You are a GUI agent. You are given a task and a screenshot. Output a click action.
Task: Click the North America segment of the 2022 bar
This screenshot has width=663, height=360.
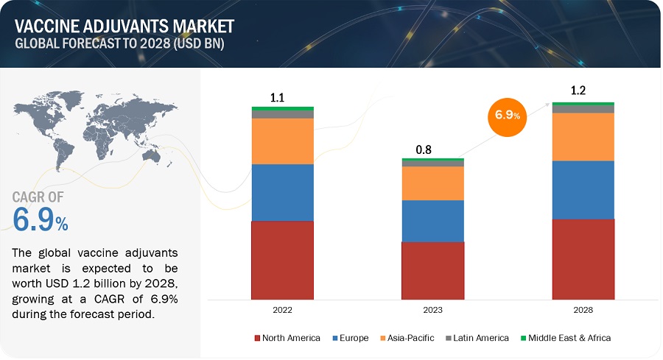click(283, 261)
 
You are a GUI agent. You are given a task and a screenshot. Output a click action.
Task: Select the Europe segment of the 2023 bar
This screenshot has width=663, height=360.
click(433, 220)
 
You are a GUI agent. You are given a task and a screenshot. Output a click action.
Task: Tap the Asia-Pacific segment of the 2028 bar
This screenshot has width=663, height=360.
click(583, 136)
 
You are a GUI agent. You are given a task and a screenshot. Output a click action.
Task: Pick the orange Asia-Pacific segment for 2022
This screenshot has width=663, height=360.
click(283, 141)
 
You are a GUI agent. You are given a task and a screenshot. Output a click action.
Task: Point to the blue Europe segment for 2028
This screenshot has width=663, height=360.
click(583, 189)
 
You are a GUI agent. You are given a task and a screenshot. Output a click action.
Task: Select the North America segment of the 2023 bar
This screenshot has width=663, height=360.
click(433, 271)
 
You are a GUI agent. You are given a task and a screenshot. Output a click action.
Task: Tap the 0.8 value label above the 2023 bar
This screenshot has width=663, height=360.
click(424, 149)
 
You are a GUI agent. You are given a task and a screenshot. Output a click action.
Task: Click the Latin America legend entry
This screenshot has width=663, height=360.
click(478, 338)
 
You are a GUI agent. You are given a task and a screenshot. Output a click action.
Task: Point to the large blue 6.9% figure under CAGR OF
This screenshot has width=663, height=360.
click(41, 219)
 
